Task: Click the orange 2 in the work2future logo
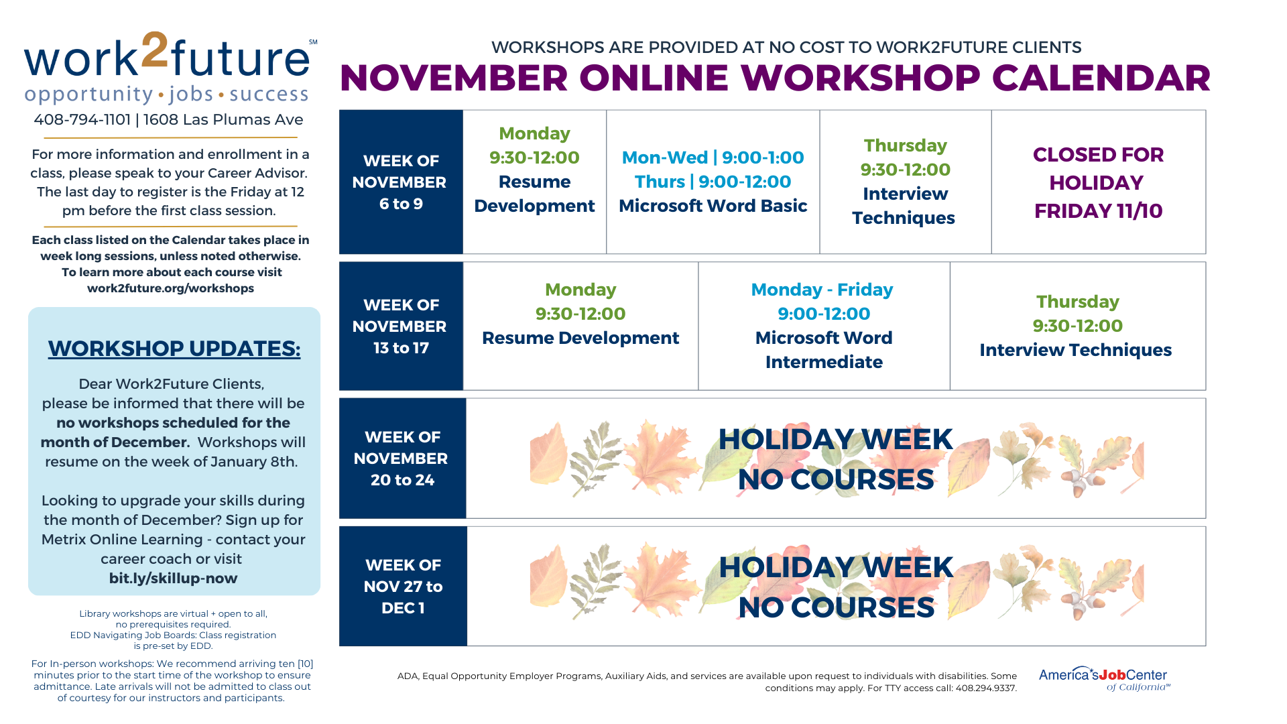point(155,50)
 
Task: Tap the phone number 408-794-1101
point(82,120)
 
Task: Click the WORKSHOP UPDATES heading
point(174,349)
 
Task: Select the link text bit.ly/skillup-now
point(174,578)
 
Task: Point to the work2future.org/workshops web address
point(170,288)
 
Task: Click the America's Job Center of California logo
point(1104,678)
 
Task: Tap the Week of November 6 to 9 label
point(400,182)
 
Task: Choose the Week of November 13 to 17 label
point(400,326)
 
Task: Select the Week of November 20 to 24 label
point(402,459)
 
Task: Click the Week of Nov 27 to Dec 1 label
point(403,587)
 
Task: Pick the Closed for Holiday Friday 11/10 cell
point(1098,182)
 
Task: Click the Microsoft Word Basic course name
point(713,206)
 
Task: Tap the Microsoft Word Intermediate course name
point(824,350)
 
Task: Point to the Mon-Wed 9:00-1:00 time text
point(713,158)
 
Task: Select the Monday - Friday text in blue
point(822,290)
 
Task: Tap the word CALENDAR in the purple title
point(1101,78)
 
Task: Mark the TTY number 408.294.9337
point(986,688)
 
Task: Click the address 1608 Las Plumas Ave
point(223,120)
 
